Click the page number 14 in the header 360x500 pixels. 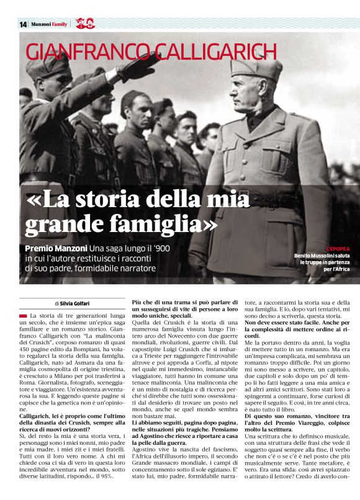coord(23,24)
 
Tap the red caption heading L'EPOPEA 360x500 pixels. coord(338,248)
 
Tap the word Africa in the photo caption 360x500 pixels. coord(341,269)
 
